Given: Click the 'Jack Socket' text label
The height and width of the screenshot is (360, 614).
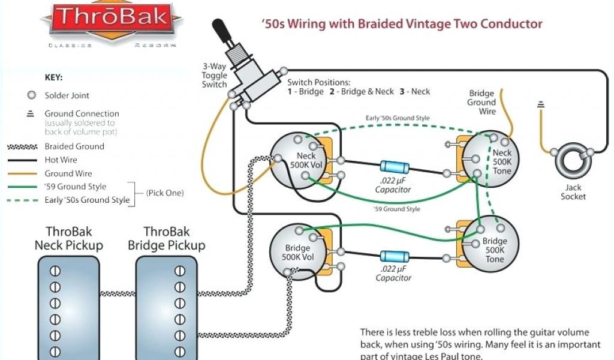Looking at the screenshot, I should [573, 192].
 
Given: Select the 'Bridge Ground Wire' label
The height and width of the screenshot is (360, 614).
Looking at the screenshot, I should [481, 102].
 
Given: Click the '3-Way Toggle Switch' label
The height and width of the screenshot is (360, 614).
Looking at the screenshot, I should [214, 76].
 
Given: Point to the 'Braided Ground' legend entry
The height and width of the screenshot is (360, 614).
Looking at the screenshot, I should [74, 146].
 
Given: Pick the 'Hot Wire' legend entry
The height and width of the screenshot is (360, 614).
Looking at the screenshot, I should [61, 160].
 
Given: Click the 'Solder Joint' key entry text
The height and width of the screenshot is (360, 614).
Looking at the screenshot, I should [67, 95].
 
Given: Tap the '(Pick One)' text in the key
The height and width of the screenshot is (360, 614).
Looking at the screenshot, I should [165, 193].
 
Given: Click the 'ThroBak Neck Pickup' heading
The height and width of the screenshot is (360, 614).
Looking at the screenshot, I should [68, 238].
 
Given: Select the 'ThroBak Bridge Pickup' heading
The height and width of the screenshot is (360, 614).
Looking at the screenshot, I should [166, 238].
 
